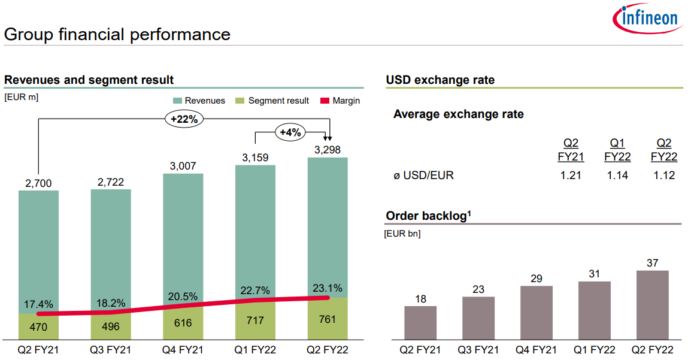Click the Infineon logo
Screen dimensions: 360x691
click(648, 19)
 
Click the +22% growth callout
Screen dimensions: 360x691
click(184, 119)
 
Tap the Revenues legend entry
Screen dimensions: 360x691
click(199, 101)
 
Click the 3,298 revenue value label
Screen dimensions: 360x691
click(327, 149)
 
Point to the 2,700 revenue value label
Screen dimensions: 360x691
click(38, 182)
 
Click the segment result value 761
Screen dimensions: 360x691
click(327, 319)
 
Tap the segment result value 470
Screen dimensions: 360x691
click(38, 327)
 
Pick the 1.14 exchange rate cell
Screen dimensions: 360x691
click(617, 176)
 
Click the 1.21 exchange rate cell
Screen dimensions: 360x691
click(571, 176)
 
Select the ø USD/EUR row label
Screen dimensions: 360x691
click(423, 176)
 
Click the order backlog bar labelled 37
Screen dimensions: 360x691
click(652, 305)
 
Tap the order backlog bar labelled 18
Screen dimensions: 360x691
click(420, 323)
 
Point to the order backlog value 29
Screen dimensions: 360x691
click(536, 279)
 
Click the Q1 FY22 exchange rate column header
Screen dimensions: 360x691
click(617, 150)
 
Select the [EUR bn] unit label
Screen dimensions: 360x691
click(402, 234)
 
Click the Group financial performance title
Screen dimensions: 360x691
click(117, 34)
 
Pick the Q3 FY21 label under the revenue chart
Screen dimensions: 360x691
click(111, 350)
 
